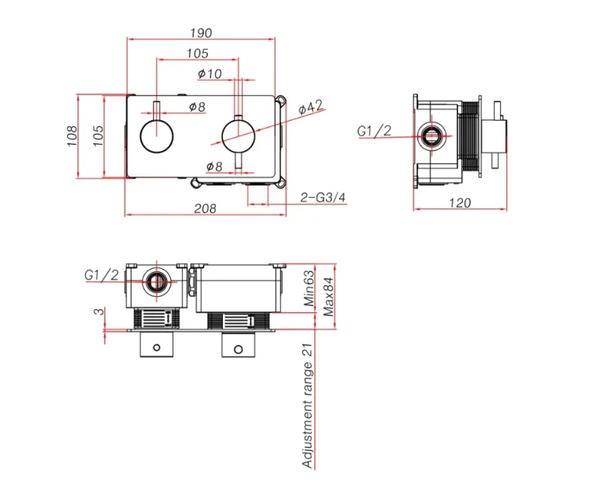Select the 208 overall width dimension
point(205,208)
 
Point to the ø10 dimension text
point(210,73)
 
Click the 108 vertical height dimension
point(72,137)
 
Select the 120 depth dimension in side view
point(460,203)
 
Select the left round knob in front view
point(158,138)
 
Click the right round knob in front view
point(239,138)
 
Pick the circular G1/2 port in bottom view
point(156,281)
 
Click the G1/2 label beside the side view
point(374,131)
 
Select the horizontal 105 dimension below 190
point(197,53)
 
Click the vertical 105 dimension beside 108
point(98,137)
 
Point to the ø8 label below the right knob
point(214,166)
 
